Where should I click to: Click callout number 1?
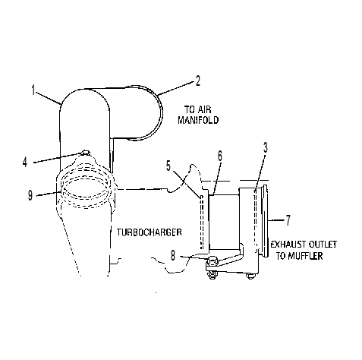point(33,90)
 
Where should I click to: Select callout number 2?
point(197,81)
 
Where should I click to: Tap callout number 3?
point(265,147)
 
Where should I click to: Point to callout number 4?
point(24,162)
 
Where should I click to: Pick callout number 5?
point(168,166)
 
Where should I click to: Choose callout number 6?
point(220,156)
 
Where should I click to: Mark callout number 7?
point(288,220)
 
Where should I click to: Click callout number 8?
point(173,255)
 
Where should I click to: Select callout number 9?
point(30,195)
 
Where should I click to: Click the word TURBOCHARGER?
point(150,232)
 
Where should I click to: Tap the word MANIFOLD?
point(198,120)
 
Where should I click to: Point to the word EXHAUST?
point(288,245)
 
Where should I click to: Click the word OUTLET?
point(323,245)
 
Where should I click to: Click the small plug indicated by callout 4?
point(86,153)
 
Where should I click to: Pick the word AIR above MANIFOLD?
point(204,110)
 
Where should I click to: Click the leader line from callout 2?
point(175,88)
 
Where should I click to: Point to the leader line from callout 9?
point(48,194)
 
